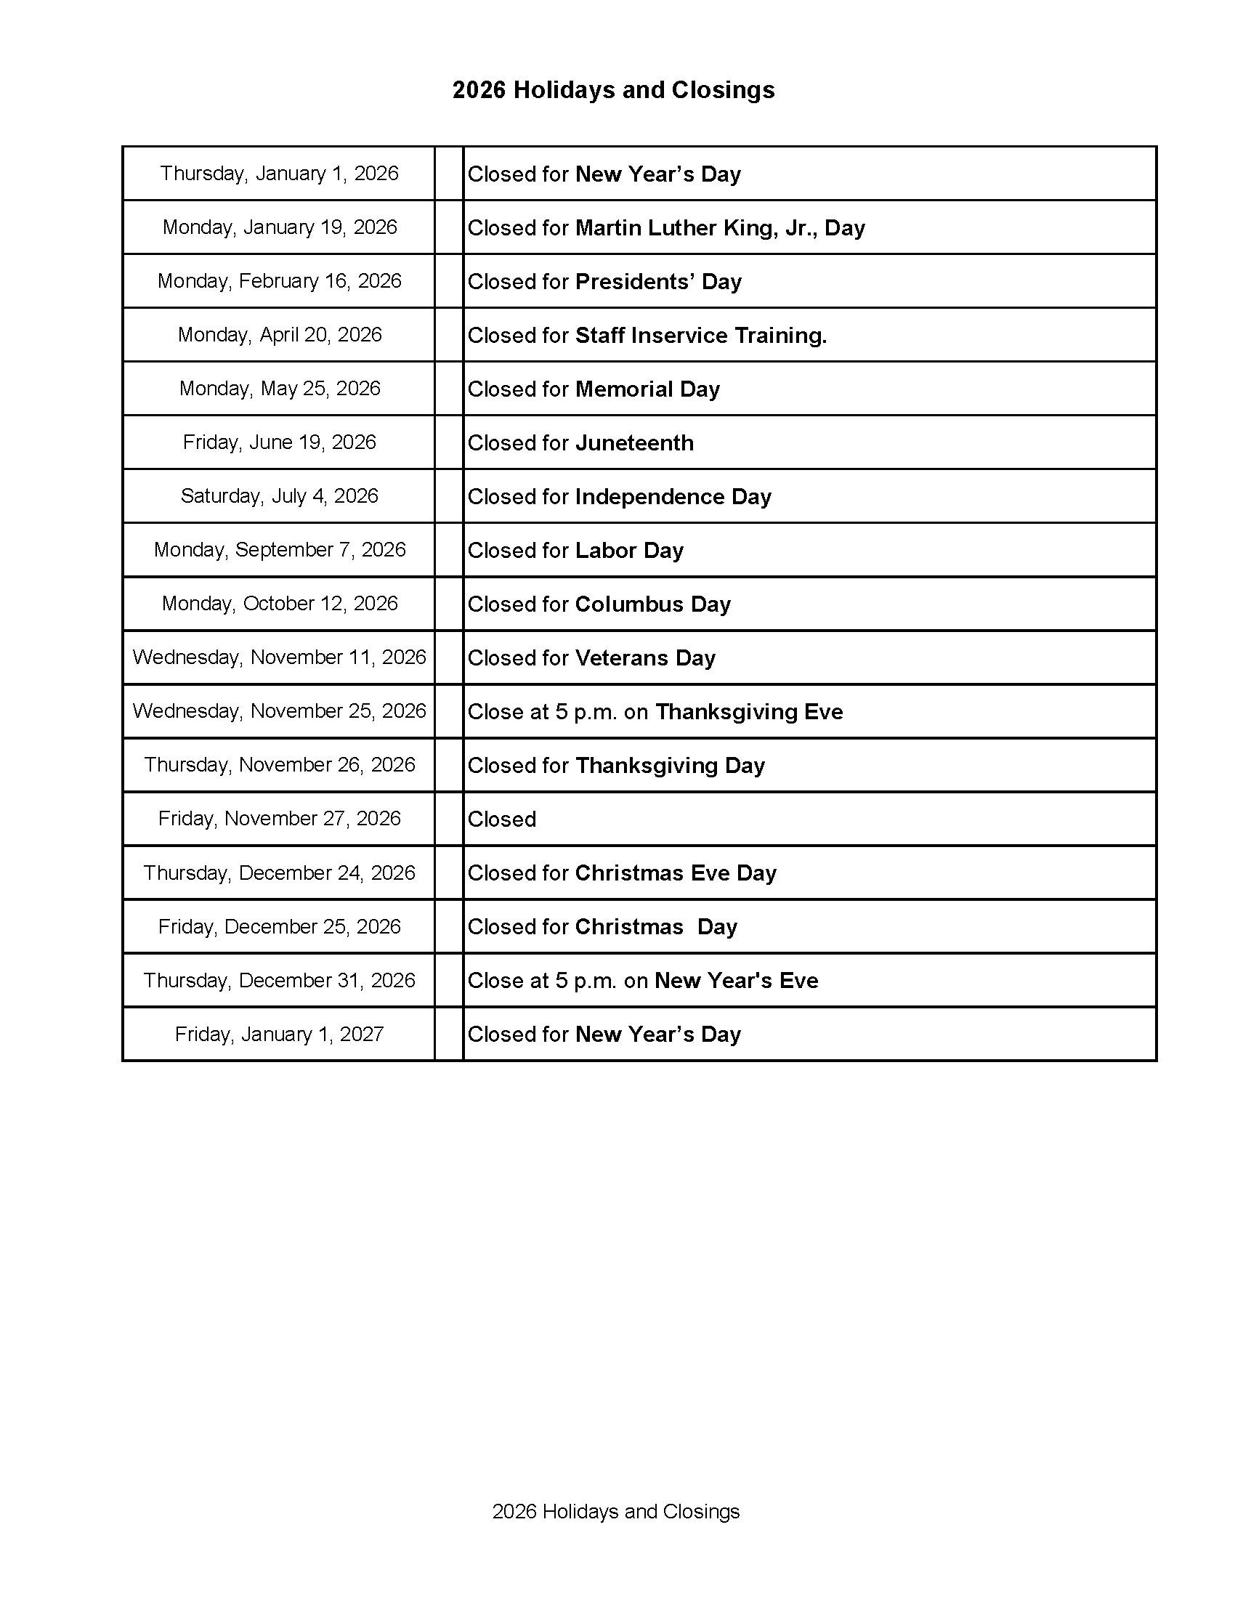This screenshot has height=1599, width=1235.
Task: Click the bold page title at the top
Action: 612,90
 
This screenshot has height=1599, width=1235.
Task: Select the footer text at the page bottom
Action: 615,1511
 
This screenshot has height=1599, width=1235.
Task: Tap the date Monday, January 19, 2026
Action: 280,227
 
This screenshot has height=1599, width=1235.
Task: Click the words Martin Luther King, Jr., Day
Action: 720,227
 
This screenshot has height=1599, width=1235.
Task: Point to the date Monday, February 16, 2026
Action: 280,281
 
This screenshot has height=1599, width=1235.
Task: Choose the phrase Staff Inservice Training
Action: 700,336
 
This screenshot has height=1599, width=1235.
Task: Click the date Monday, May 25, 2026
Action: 280,389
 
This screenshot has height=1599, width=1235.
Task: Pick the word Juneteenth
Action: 634,443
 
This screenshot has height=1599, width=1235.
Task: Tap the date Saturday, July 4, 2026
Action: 280,496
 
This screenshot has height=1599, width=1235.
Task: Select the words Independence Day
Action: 673,496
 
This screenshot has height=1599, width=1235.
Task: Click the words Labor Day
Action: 629,551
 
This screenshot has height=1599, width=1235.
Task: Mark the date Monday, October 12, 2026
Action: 280,604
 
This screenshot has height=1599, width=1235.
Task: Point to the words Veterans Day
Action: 645,658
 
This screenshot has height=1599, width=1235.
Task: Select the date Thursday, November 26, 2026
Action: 280,765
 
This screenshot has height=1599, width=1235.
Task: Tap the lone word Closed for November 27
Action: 501,819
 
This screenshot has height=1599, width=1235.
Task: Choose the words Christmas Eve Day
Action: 675,873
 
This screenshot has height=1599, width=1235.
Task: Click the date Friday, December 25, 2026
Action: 280,927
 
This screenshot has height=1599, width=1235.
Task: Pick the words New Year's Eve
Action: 736,980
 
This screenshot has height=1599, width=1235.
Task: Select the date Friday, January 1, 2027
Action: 280,1035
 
